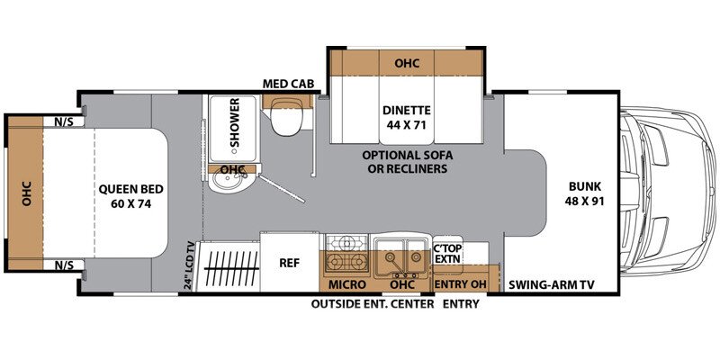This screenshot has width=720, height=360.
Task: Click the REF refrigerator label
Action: [x=289, y=263]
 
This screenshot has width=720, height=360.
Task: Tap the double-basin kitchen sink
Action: [x=400, y=255]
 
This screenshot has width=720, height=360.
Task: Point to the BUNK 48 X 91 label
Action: [x=583, y=194]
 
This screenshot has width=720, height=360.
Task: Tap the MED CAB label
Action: [x=288, y=84]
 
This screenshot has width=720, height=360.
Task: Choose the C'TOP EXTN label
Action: [x=446, y=253]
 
